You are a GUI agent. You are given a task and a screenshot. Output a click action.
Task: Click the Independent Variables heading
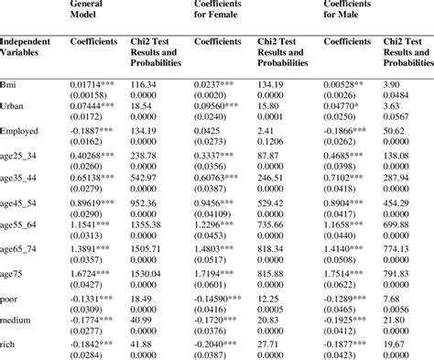pos(27,48)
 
